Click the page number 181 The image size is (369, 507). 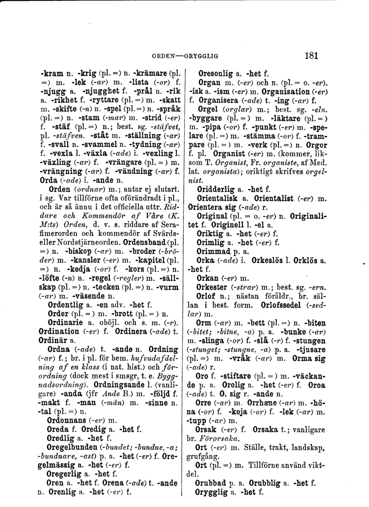coord(310,55)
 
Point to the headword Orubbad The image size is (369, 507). coord(213,482)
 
